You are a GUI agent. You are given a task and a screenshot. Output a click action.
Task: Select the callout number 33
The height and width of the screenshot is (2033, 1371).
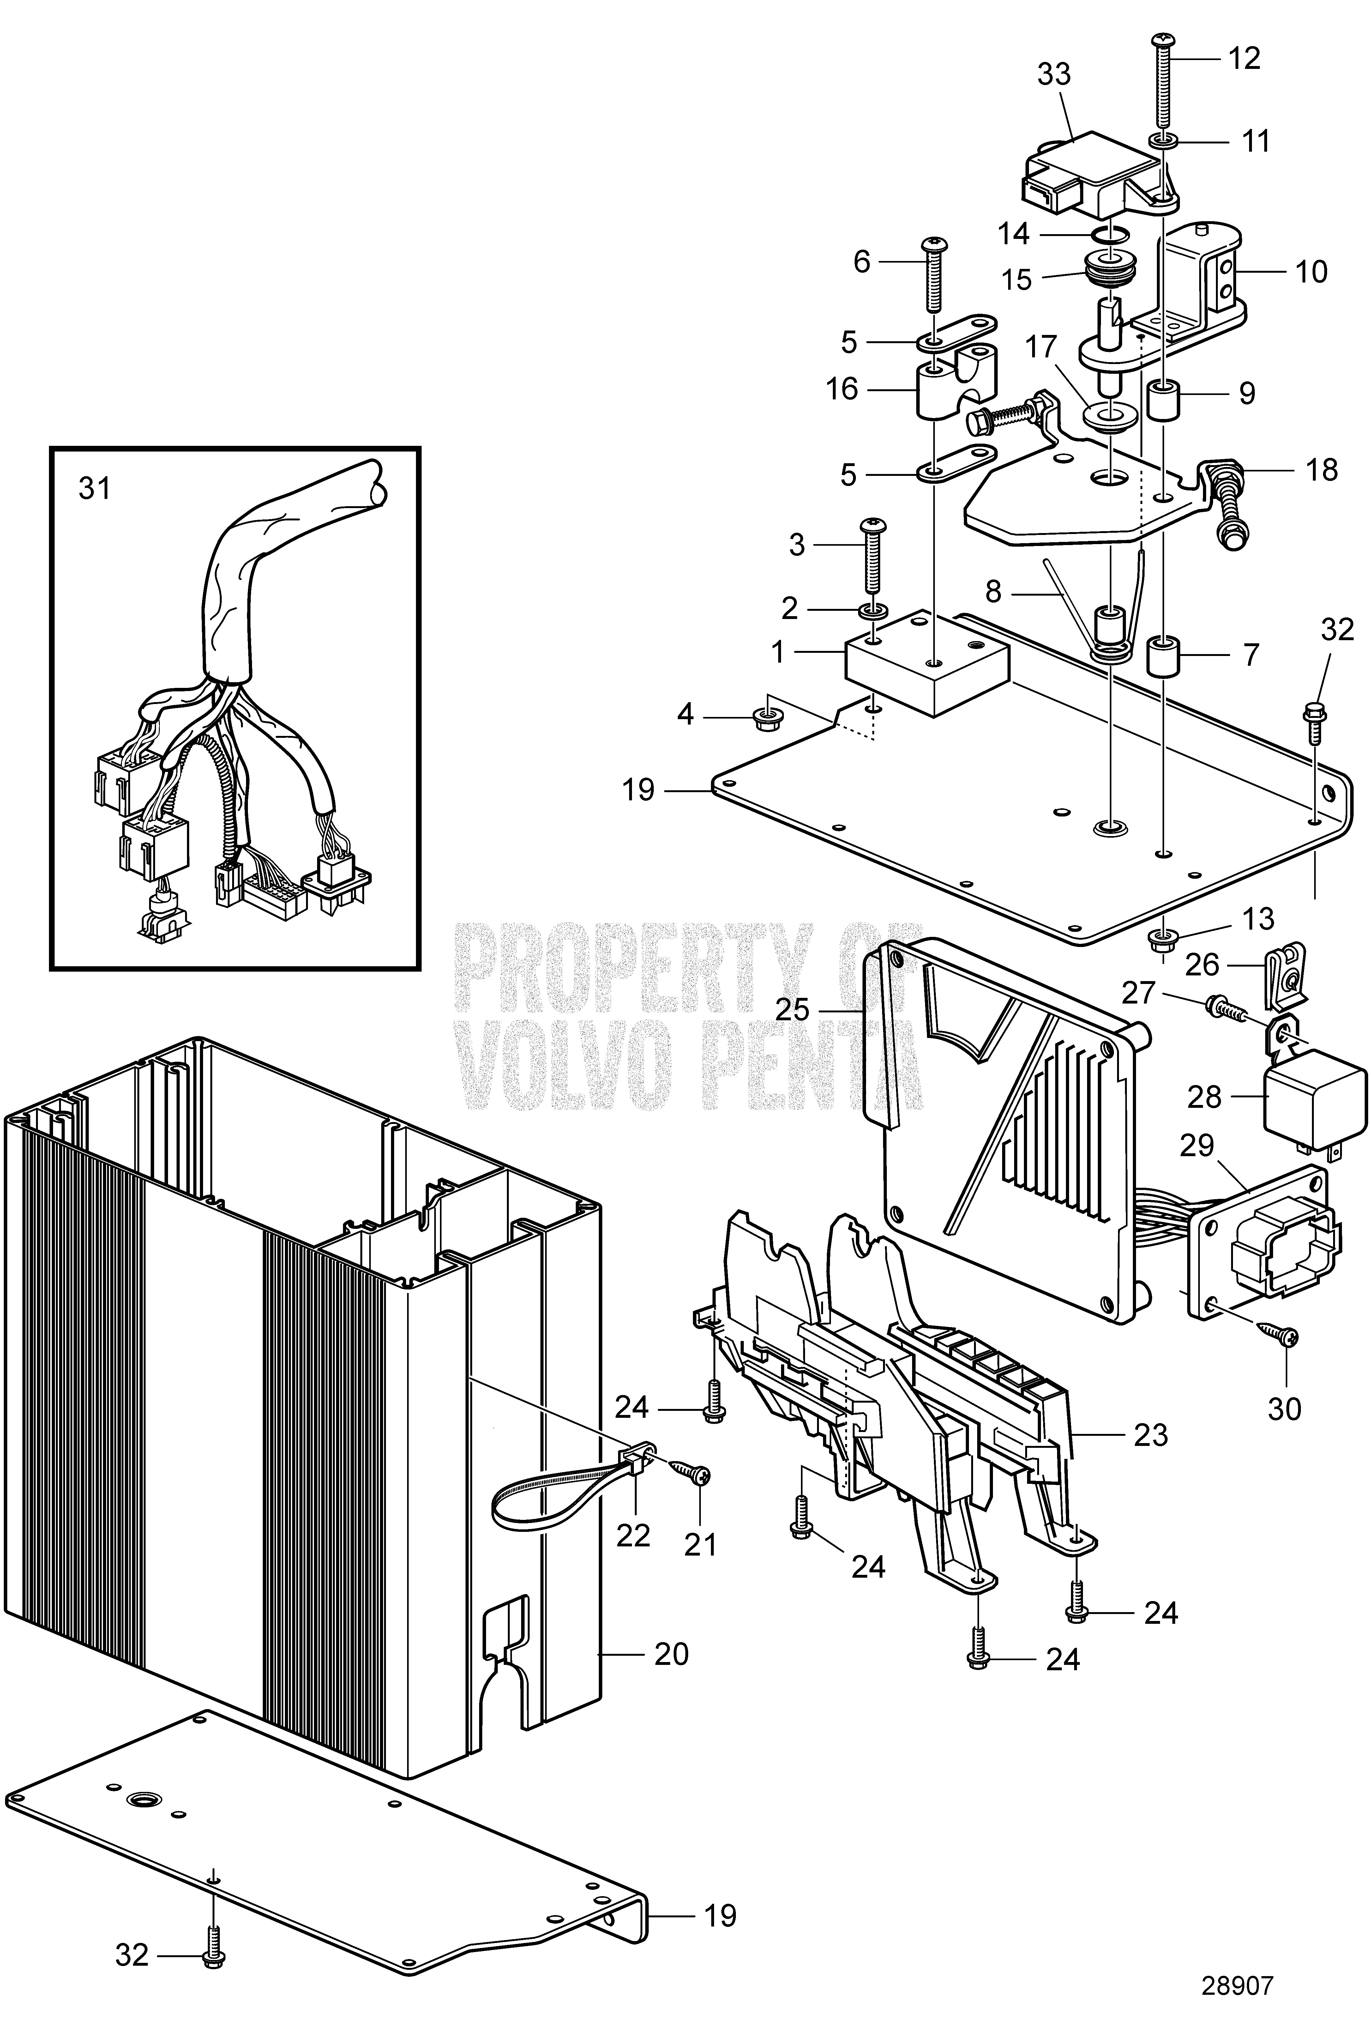pos(1054,74)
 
